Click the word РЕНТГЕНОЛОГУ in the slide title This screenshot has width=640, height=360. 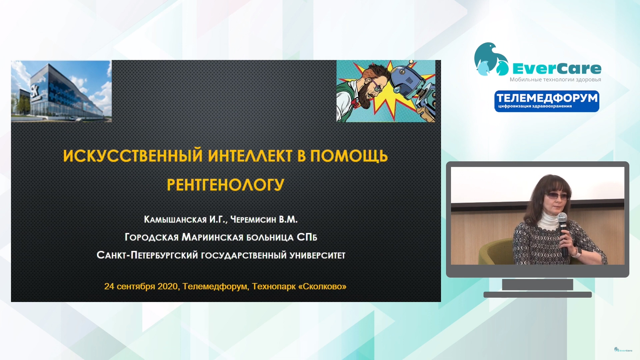click(x=225, y=185)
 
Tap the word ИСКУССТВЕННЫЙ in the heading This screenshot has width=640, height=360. click(x=133, y=156)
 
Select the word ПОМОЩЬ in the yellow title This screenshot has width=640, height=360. click(x=349, y=156)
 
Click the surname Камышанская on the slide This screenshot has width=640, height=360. click(x=175, y=219)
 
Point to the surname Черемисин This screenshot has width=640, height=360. click(x=253, y=219)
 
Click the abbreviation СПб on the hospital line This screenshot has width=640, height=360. click(x=307, y=237)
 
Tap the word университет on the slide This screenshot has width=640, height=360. click(x=317, y=255)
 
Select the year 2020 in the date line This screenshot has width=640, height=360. click(x=167, y=286)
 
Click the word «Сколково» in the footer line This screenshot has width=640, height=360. click(x=322, y=286)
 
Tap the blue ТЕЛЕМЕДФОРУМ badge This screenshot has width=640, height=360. click(x=547, y=101)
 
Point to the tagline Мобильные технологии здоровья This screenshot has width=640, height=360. click(x=555, y=79)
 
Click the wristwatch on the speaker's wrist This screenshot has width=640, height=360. click(x=578, y=252)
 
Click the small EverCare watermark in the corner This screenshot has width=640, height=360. click(x=623, y=350)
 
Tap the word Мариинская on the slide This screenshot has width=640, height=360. click(x=213, y=237)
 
